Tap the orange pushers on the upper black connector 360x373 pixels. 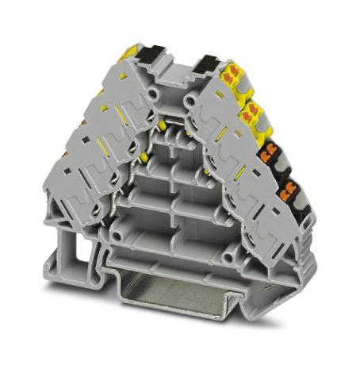pyautogui.click(x=272, y=150)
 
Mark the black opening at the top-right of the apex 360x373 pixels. pyautogui.click(x=208, y=63)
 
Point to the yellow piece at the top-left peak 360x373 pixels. pyautogui.click(x=127, y=54)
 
